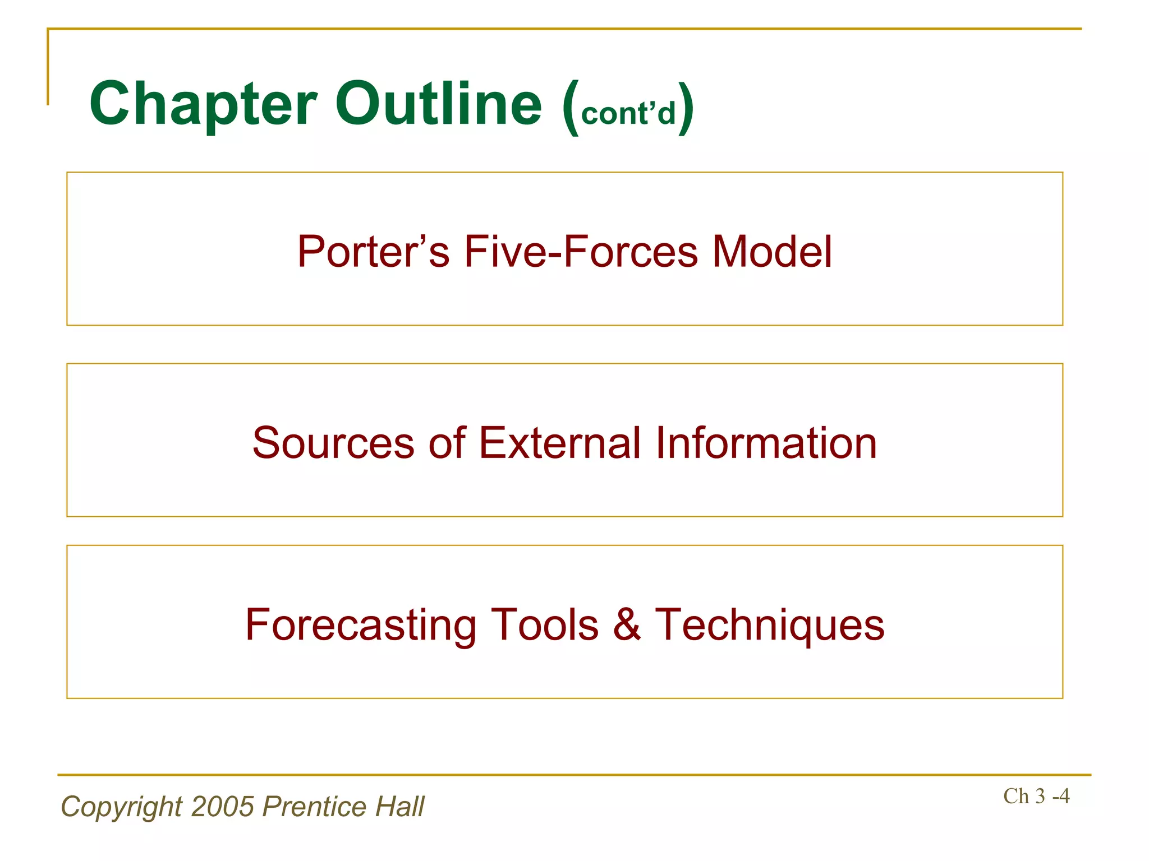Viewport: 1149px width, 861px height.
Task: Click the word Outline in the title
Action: tap(439, 104)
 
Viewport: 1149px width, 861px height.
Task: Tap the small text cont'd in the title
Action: tap(628, 114)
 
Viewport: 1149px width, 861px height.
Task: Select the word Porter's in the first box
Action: tap(373, 252)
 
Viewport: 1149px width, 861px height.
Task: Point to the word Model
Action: tap(772, 252)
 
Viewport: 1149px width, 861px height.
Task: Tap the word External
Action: tap(559, 443)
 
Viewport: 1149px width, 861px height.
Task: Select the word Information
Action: tap(765, 443)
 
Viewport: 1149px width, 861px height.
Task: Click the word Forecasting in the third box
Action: tap(360, 625)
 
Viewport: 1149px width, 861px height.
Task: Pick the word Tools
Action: tap(544, 624)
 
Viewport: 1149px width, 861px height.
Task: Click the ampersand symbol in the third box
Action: tap(627, 624)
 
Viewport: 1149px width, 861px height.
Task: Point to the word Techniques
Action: tap(770, 626)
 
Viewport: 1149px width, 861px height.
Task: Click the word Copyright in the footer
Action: tap(122, 807)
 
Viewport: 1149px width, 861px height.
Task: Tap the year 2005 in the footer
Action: tap(223, 807)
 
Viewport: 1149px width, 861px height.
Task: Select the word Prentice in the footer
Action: tap(314, 807)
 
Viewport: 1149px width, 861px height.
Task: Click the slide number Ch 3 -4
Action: tap(1036, 796)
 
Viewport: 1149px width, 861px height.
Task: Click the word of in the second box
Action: tap(447, 443)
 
